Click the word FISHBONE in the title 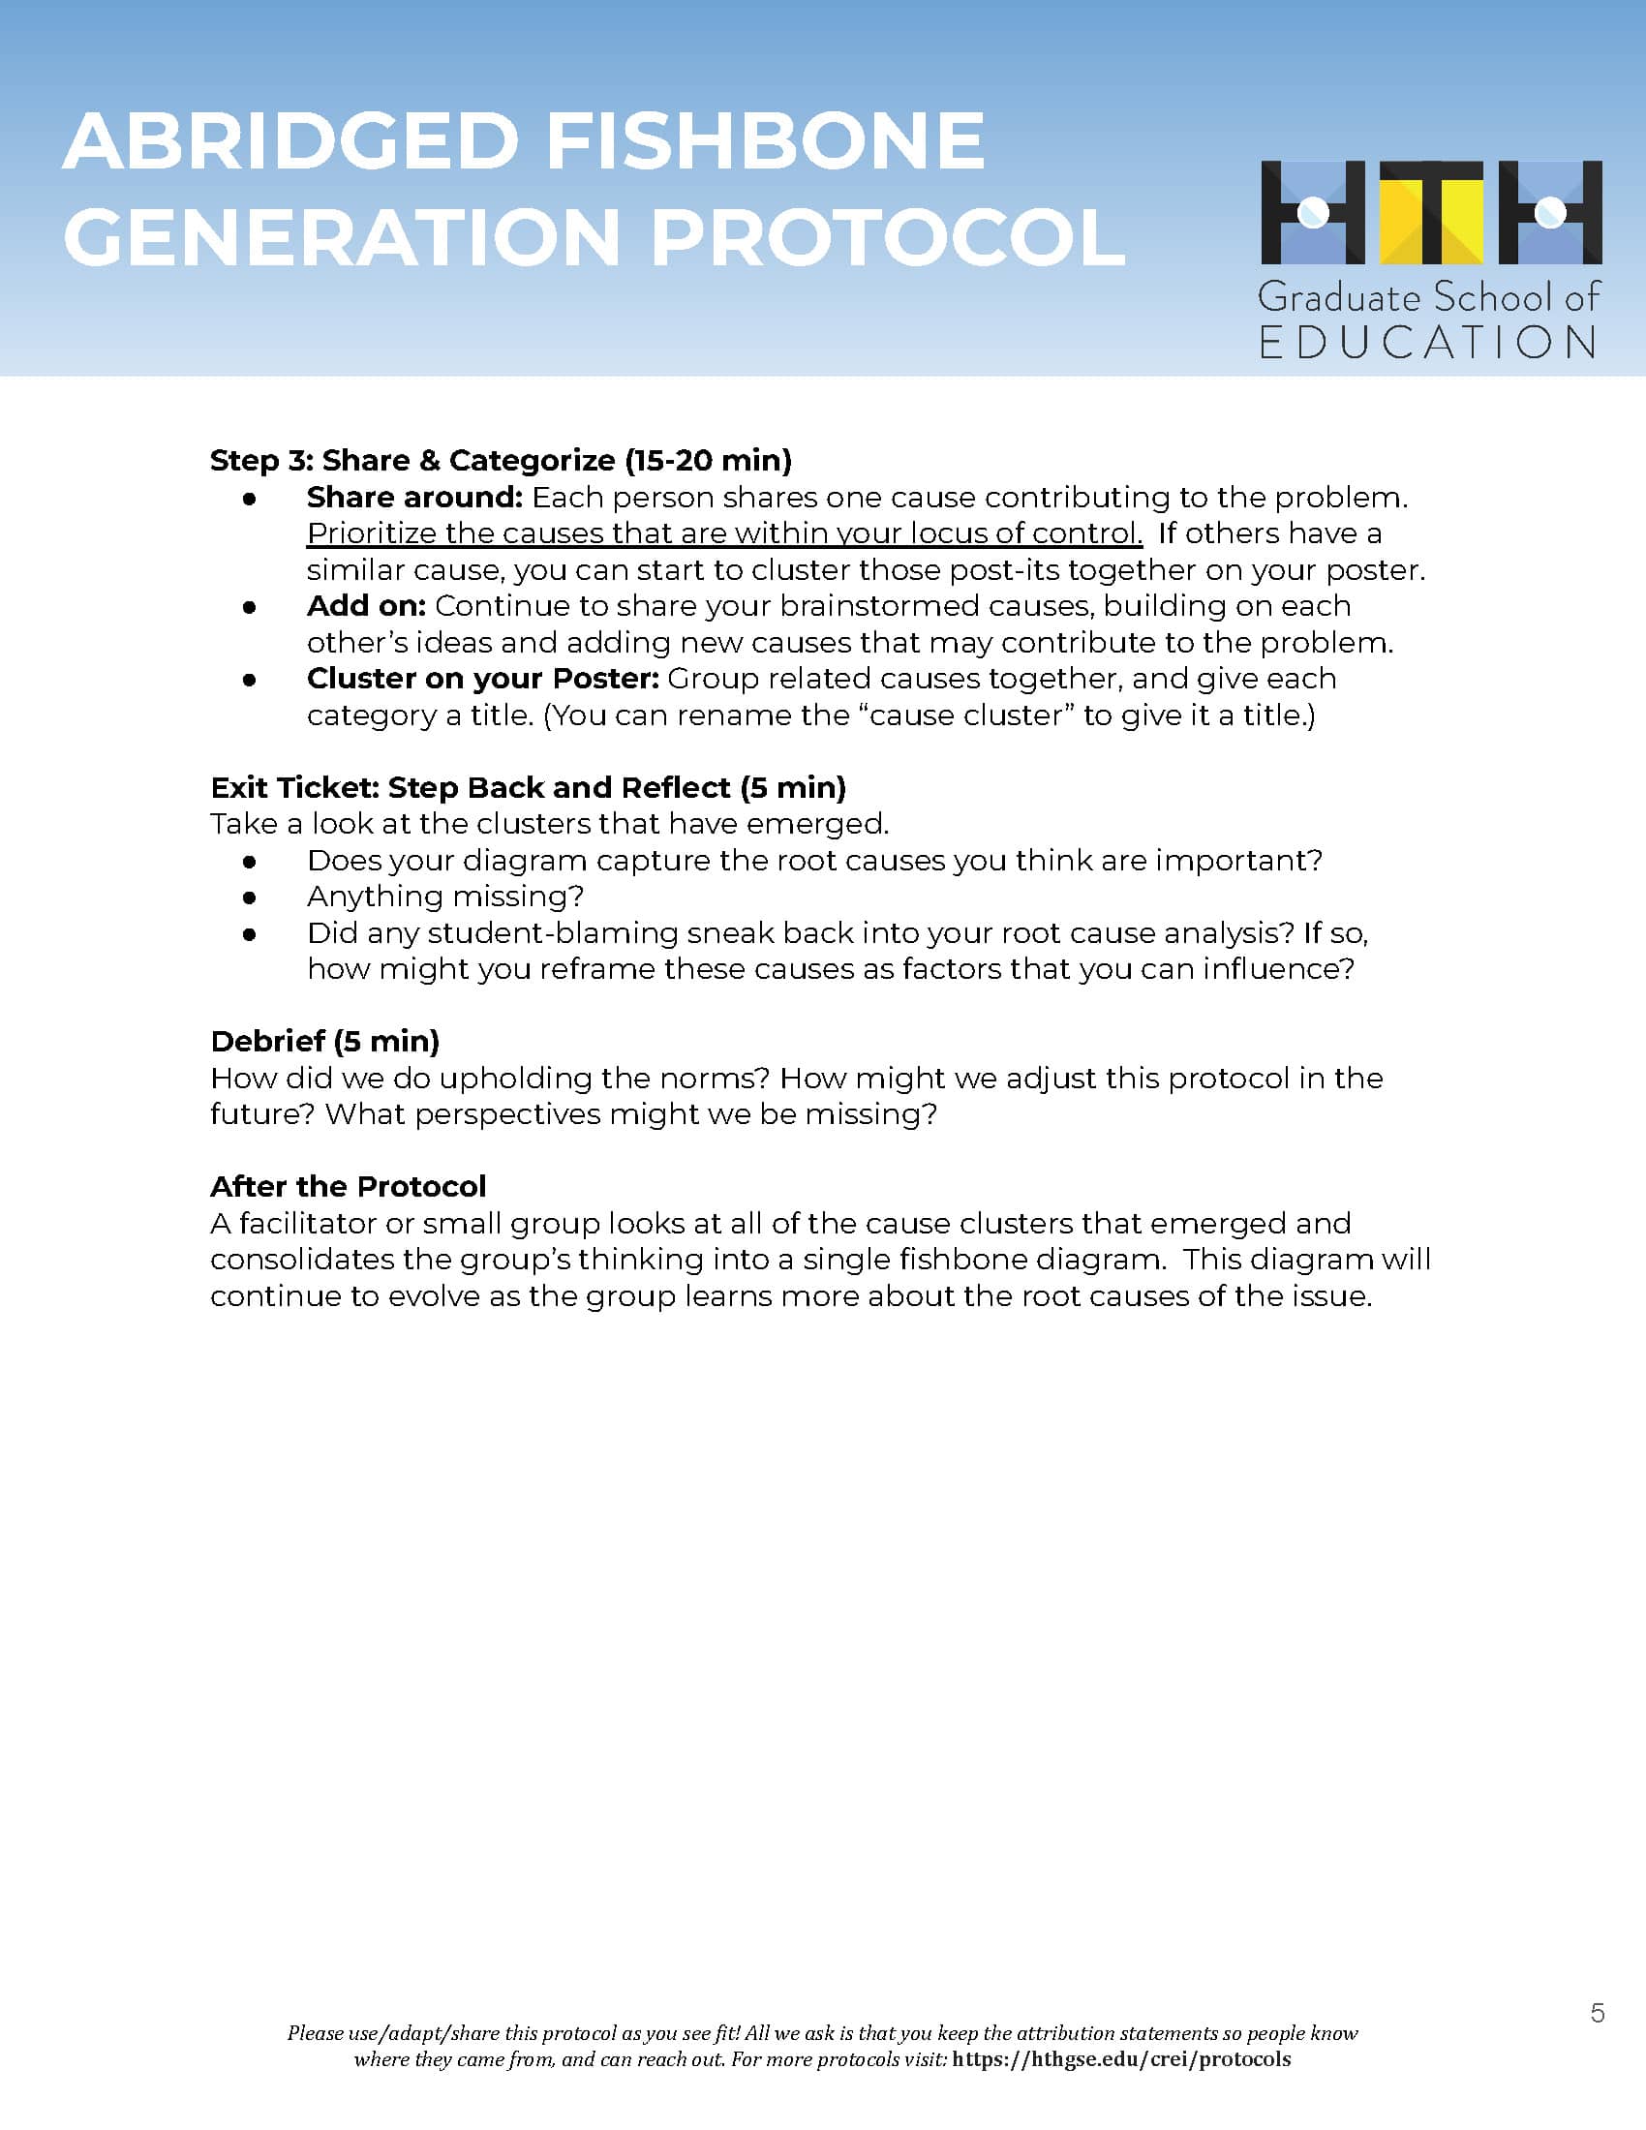765,141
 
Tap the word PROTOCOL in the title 887,237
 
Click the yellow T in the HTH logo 1430,212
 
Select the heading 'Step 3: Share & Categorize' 501,460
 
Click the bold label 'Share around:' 414,498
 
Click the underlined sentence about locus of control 723,533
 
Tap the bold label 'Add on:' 366,606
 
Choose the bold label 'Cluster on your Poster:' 483,679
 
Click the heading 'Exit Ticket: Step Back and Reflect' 528,787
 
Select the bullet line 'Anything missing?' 444,897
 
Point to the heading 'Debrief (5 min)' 324,1041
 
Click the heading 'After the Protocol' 349,1186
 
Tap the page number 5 1598,2013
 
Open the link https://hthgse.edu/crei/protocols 1121,2058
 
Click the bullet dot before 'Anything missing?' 250,897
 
